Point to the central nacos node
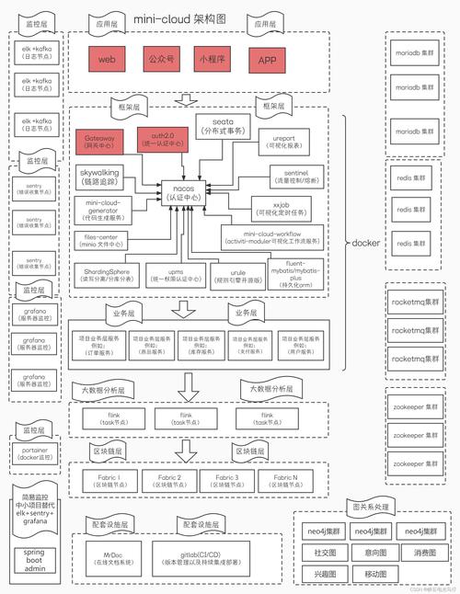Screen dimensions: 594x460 (x=188, y=189)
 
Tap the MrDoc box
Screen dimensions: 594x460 (x=114, y=558)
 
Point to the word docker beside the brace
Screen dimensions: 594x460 (x=366, y=243)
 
